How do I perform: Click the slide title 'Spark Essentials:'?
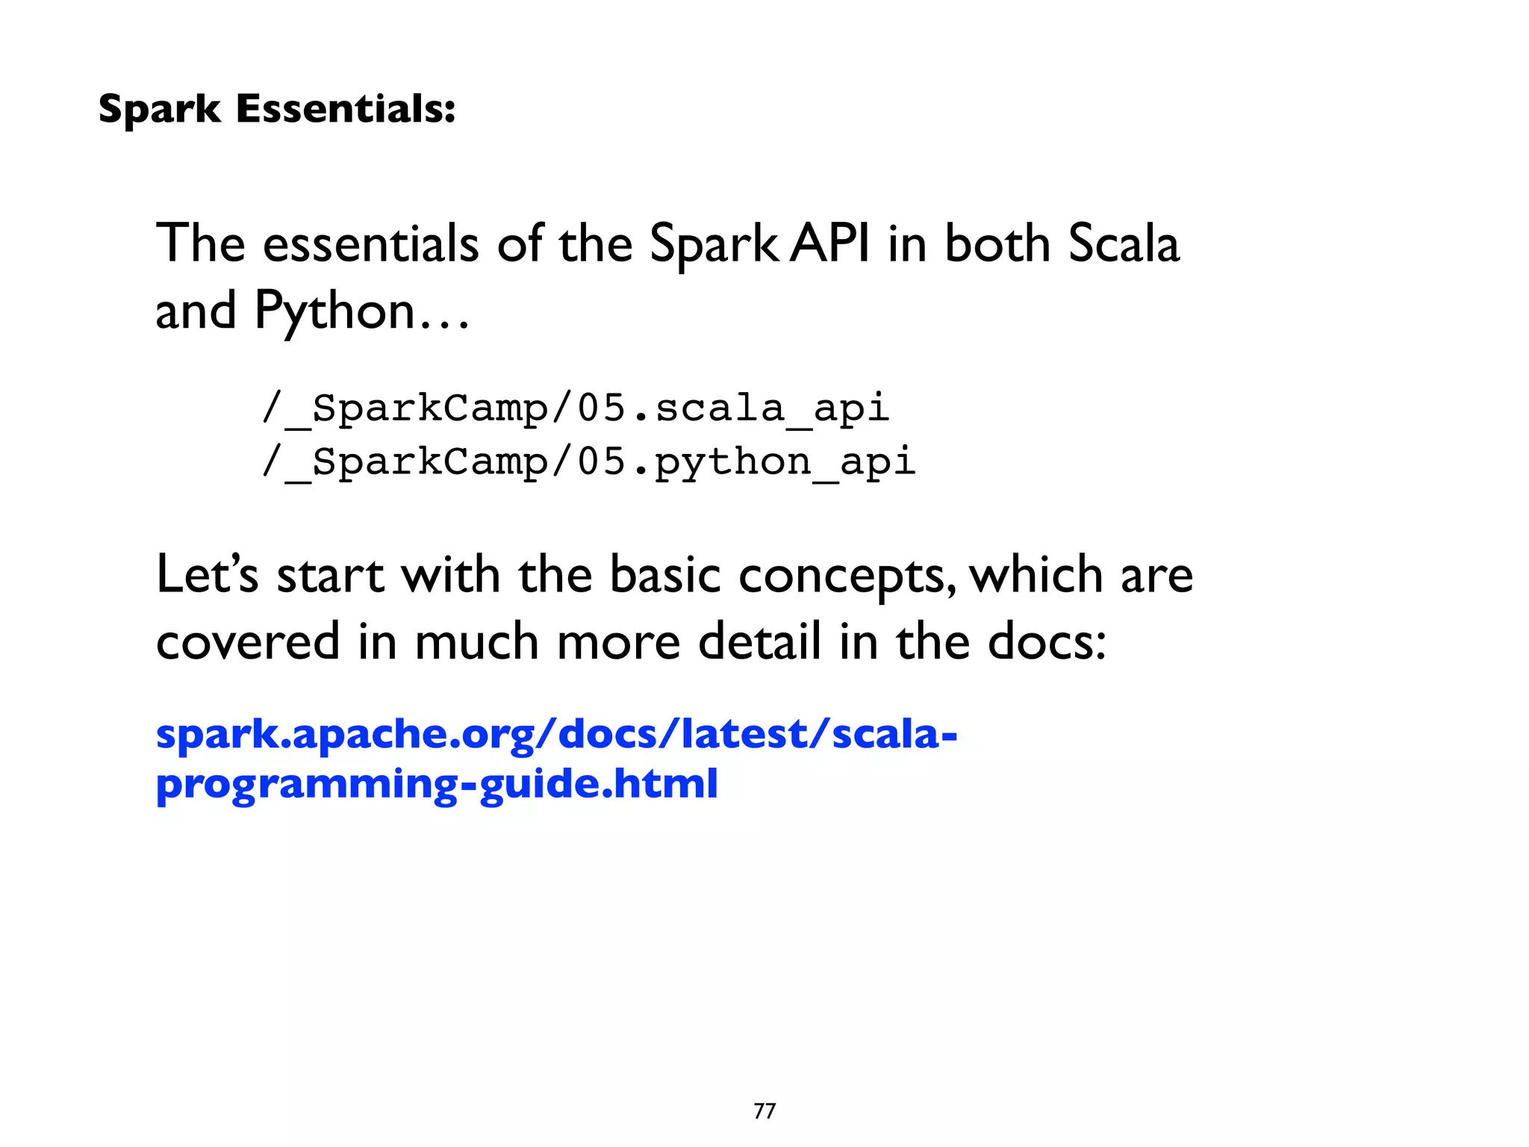tap(276, 109)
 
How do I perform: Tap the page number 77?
tap(764, 1111)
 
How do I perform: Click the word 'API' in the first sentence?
tap(829, 243)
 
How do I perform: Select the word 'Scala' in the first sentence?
tap(1124, 243)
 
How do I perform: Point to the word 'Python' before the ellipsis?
tap(334, 311)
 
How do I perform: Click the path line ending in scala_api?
tap(576, 408)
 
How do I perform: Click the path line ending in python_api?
tap(588, 461)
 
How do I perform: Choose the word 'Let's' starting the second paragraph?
tap(207, 575)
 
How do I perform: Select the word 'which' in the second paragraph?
tap(1036, 575)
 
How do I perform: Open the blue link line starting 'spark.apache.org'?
tap(556, 734)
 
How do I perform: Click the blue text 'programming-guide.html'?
tap(437, 784)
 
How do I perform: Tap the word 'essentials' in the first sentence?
tap(371, 243)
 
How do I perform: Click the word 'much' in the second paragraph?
tap(476, 641)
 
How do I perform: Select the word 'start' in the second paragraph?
tap(330, 576)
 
